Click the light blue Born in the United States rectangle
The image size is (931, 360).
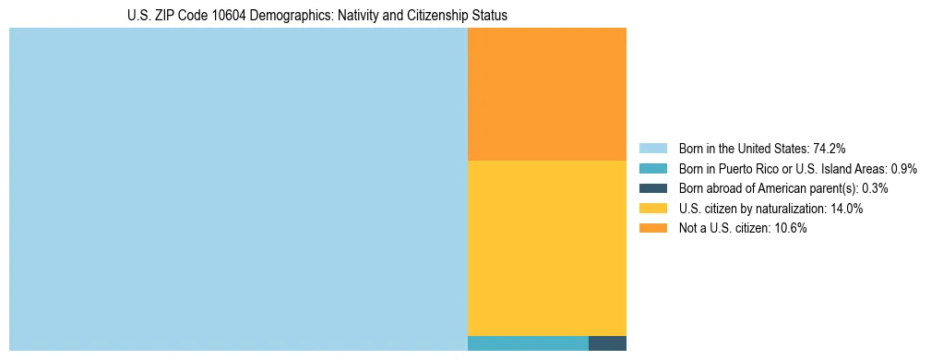pos(238,189)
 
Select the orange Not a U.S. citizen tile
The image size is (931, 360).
pos(547,94)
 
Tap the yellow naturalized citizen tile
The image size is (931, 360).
pos(547,247)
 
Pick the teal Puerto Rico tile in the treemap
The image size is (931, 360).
pos(528,343)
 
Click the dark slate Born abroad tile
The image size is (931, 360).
pos(607,343)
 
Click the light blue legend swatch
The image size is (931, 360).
pos(652,149)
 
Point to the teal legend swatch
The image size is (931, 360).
pos(652,169)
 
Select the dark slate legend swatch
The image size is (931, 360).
pos(652,188)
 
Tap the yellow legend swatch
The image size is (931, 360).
pos(652,209)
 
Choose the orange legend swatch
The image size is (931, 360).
pos(652,229)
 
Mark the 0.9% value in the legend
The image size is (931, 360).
pos(903,169)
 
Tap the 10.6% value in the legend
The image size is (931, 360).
pos(790,229)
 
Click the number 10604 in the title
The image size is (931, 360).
pos(228,16)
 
